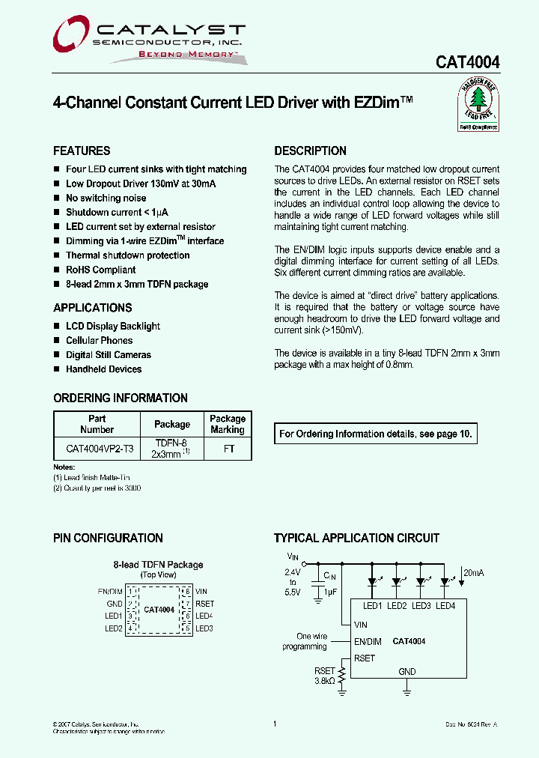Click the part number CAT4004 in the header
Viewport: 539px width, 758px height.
(x=468, y=64)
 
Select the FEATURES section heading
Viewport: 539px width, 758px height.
(x=82, y=151)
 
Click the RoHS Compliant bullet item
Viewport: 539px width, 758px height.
(x=100, y=270)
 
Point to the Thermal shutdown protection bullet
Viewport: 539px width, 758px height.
(x=127, y=255)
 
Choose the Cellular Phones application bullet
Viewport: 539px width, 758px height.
(x=99, y=341)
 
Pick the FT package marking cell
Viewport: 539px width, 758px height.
(x=228, y=449)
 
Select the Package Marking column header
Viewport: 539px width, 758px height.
(x=228, y=424)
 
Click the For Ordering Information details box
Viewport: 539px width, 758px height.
(x=376, y=434)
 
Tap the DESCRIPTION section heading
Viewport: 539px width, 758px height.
(x=310, y=151)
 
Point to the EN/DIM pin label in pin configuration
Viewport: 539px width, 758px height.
(x=109, y=591)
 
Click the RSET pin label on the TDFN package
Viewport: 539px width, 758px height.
(x=204, y=604)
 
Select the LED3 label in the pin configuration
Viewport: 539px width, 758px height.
(x=204, y=628)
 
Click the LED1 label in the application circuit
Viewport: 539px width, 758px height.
(x=373, y=605)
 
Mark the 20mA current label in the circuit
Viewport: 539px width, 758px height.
(x=474, y=573)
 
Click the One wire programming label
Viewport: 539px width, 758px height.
(x=305, y=641)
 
